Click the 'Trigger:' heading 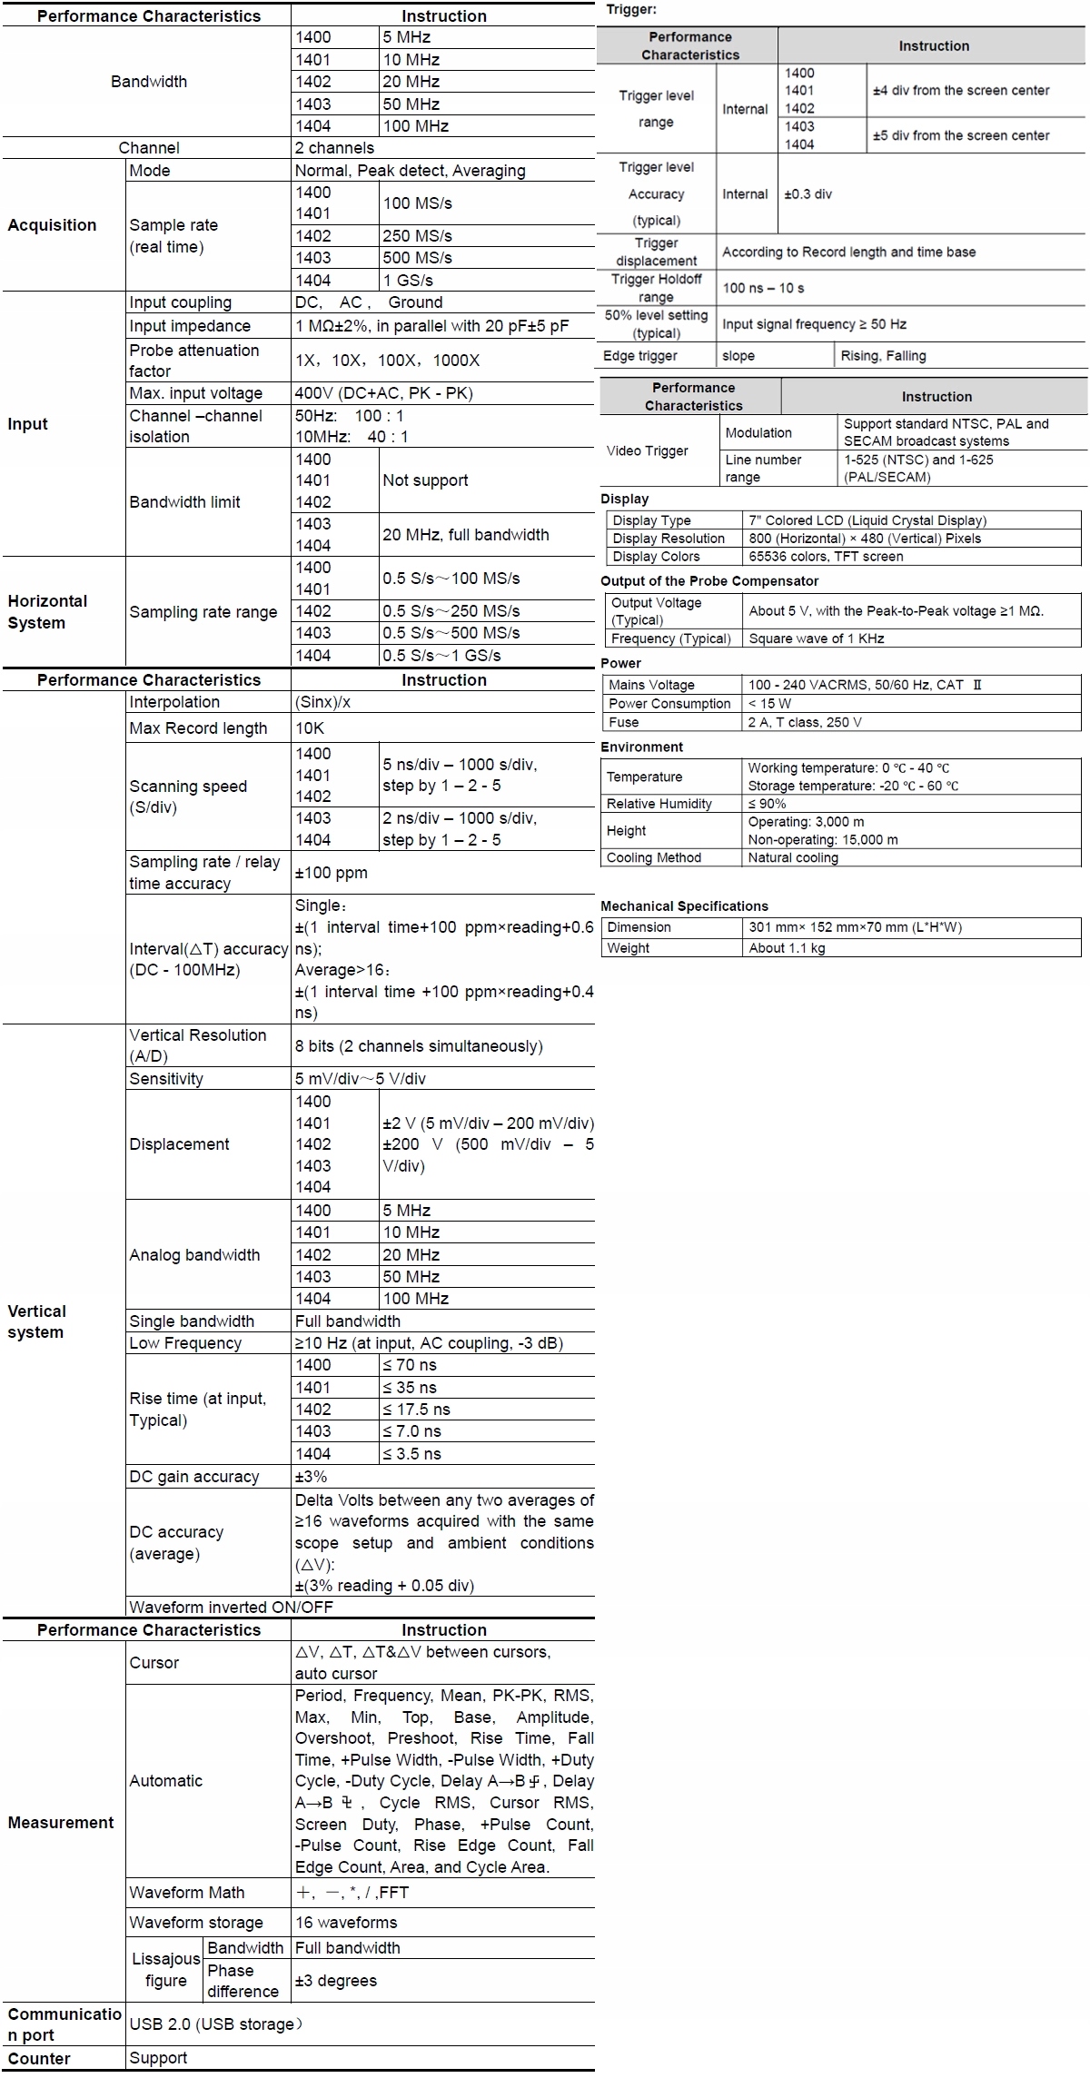tap(631, 9)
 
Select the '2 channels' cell tap(334, 148)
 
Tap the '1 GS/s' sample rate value tap(408, 281)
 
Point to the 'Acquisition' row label tap(52, 225)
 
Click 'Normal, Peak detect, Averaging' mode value tap(410, 171)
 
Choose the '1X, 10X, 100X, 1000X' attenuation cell tap(387, 361)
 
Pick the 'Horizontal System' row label tap(47, 612)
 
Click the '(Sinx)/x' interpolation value tap(322, 702)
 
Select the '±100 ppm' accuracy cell tap(332, 873)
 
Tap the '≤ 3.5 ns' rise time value tap(411, 1454)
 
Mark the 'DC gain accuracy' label tap(193, 1477)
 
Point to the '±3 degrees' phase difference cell tap(335, 1981)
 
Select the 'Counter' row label tap(39, 2059)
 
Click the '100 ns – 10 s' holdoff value tap(763, 288)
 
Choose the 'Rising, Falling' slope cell tap(883, 356)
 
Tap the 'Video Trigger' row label tap(647, 450)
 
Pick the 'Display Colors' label tap(656, 557)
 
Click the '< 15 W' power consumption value tap(769, 704)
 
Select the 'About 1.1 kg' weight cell tap(787, 948)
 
